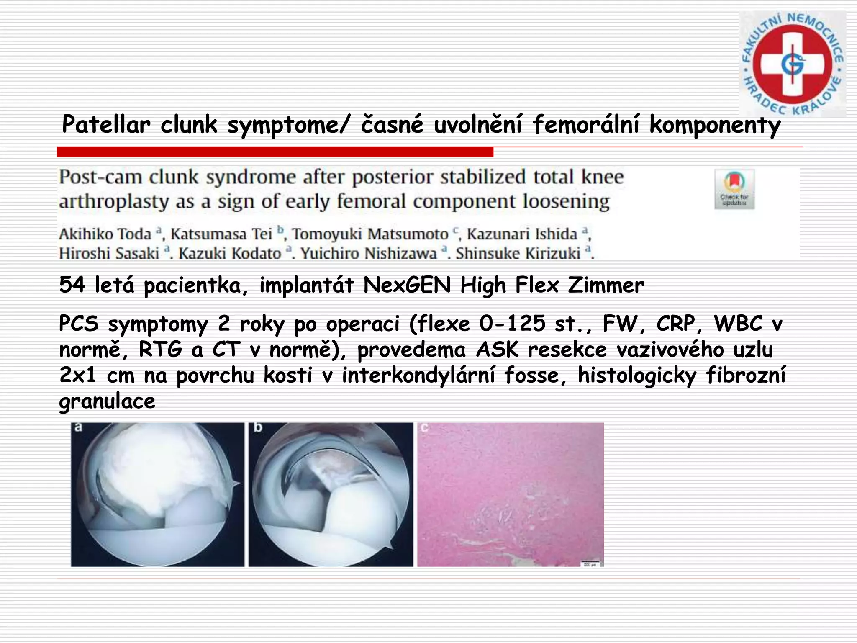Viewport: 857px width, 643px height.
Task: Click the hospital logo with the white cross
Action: coord(792,64)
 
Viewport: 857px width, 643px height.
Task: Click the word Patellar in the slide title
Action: coord(106,125)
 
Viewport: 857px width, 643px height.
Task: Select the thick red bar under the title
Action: coord(275,152)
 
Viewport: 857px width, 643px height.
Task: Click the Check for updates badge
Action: coord(734,189)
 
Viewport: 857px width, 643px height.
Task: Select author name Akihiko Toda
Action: coord(105,234)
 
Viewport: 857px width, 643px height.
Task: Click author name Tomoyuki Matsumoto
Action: coord(370,234)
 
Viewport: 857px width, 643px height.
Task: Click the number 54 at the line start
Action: coord(72,285)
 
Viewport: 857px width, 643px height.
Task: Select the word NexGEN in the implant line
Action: coord(407,285)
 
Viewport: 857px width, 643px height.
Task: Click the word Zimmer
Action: coord(606,285)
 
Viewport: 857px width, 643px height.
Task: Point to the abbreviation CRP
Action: coord(675,324)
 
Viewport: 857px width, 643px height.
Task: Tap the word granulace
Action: coord(107,401)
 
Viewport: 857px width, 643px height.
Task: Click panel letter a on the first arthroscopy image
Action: coord(78,428)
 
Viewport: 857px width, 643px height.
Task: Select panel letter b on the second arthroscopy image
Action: coord(258,428)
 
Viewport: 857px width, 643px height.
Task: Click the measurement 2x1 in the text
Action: coord(78,375)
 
